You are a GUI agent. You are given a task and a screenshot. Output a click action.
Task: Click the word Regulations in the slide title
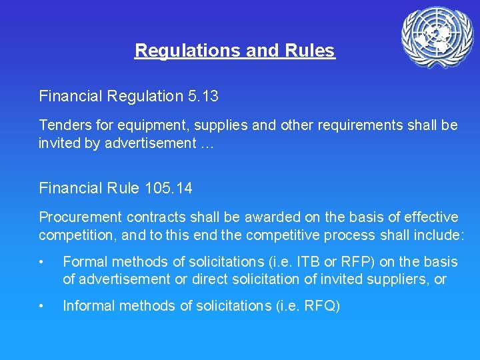[x=178, y=51]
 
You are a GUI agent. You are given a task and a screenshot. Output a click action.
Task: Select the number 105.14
[x=168, y=189]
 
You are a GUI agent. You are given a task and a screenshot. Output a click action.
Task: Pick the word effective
[x=425, y=217]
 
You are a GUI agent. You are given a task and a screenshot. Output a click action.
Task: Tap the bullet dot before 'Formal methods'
[x=42, y=262]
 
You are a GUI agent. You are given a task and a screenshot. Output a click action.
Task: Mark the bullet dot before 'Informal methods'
[x=42, y=307]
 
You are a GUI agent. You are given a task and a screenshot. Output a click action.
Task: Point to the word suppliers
[x=403, y=279]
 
